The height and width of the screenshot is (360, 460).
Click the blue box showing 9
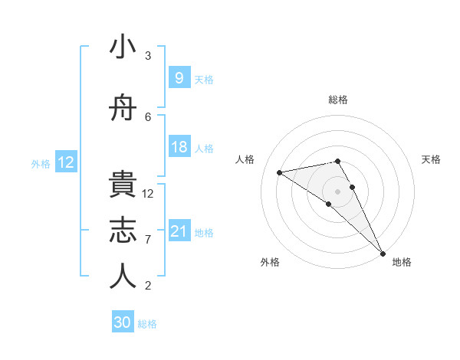coord(179,78)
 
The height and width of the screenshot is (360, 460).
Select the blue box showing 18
coord(179,147)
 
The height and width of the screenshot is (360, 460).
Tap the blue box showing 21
coord(179,231)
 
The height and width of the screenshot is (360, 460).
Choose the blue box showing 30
coord(123,322)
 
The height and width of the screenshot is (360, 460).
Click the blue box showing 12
coord(66,162)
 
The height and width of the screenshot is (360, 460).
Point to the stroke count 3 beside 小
coord(148,56)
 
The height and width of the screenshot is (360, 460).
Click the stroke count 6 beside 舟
coord(148,117)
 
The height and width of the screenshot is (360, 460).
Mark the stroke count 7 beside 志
coord(148,240)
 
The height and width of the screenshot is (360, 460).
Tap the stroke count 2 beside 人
coord(148,286)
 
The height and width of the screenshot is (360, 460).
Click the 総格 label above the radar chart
coord(337,100)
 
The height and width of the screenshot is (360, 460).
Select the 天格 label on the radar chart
coord(432,159)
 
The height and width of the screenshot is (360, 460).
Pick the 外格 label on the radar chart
coord(270,262)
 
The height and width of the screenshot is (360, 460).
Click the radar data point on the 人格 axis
coord(280,172)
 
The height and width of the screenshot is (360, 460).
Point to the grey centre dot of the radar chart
coord(337,191)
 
